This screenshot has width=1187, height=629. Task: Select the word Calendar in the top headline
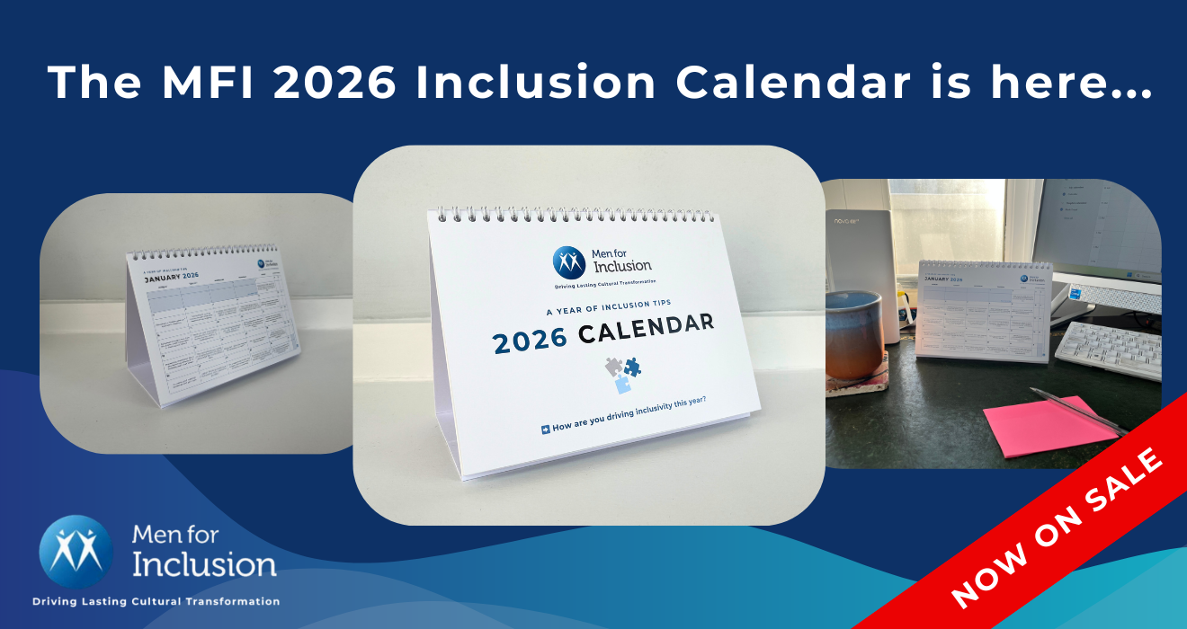click(791, 82)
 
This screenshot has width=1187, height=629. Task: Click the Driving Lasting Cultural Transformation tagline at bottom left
click(156, 601)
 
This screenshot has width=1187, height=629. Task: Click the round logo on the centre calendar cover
click(569, 261)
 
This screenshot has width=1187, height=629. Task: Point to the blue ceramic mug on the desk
click(853, 333)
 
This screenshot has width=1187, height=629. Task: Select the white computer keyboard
click(1107, 350)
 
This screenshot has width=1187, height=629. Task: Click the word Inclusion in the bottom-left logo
click(204, 563)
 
